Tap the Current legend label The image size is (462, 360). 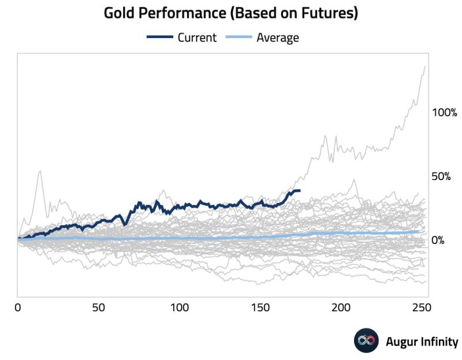tap(197, 38)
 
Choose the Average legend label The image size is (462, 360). tap(278, 38)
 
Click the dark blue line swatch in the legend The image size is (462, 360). tap(160, 38)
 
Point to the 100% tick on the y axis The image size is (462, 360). tap(445, 112)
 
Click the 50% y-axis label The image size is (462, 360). tap(442, 176)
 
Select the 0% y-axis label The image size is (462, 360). tap(438, 240)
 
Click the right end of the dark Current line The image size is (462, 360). tap(299, 190)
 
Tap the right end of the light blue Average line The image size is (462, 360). tap(418, 231)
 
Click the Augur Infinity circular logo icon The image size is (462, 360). tap(366, 341)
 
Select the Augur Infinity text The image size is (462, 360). tap(422, 342)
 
